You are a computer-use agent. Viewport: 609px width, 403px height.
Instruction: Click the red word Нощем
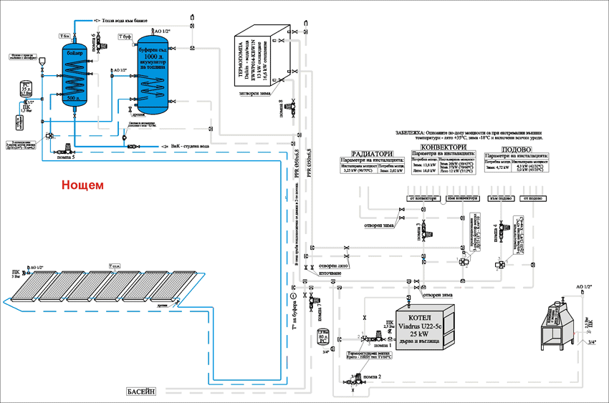point(82,184)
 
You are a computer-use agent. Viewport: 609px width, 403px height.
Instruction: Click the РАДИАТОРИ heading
point(373,152)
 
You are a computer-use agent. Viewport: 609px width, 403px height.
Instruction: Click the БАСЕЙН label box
point(145,391)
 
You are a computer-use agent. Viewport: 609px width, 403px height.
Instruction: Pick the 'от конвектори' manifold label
point(423,198)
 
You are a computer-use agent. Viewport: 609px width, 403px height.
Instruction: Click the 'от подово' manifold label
point(537,198)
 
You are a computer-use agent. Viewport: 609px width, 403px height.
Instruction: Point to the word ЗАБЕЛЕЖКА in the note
point(409,134)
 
